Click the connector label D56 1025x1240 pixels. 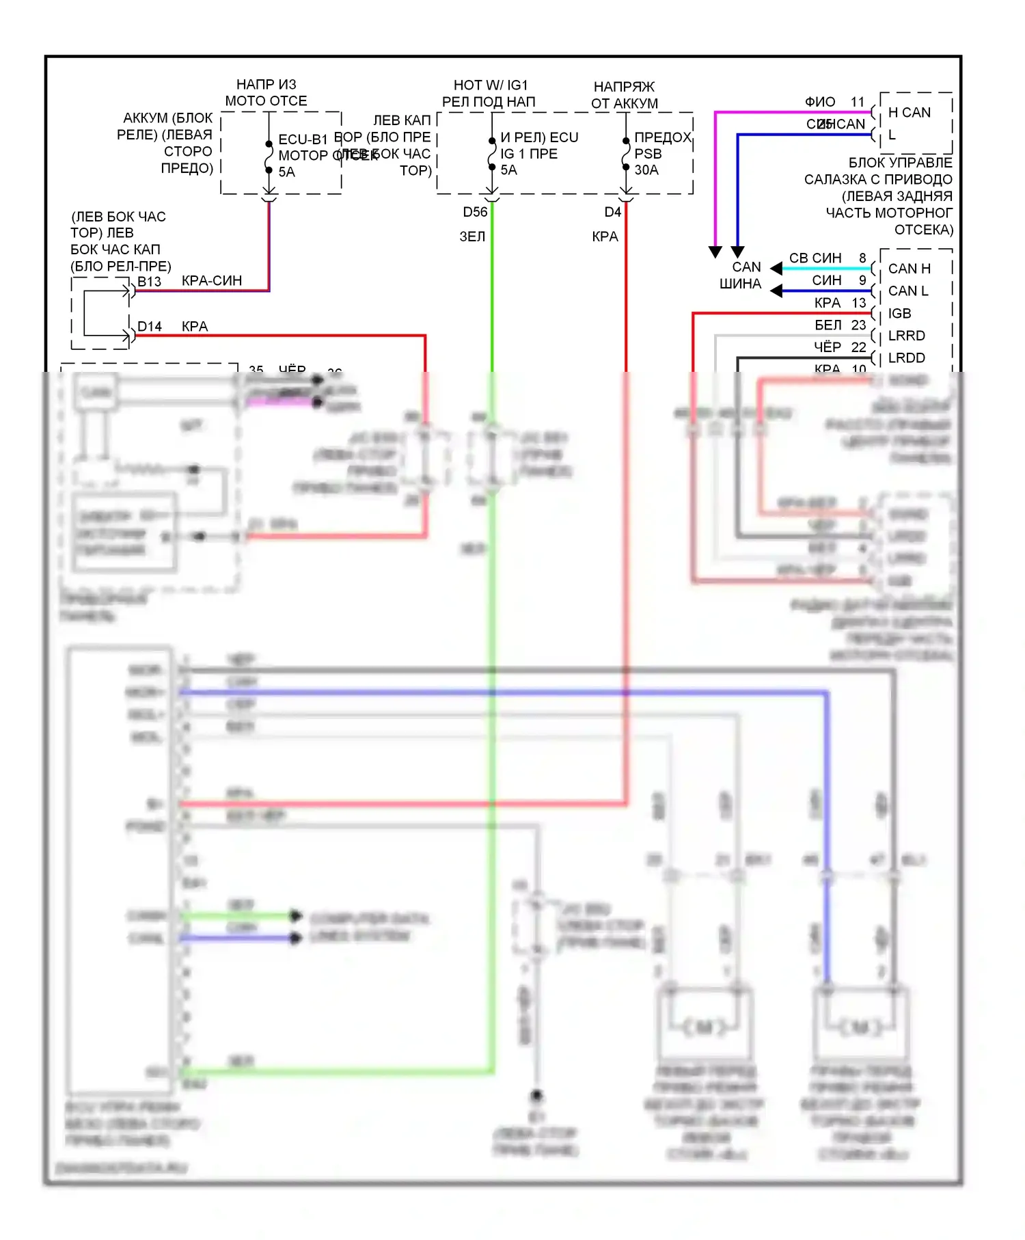click(x=475, y=212)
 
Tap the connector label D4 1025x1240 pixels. click(x=612, y=212)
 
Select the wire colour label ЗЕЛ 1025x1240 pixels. click(x=472, y=237)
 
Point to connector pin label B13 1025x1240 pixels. click(x=150, y=282)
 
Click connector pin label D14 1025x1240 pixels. click(x=150, y=327)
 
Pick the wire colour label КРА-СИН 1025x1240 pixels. click(x=212, y=281)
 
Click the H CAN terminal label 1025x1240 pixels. click(x=909, y=113)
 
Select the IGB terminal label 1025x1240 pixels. click(x=899, y=314)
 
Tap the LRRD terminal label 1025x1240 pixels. click(x=906, y=336)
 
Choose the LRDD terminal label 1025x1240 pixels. click(x=906, y=358)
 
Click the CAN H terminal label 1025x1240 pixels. click(x=909, y=269)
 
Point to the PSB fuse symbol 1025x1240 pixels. click(x=626, y=154)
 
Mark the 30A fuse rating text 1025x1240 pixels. click(x=646, y=170)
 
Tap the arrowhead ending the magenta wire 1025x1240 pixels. click(x=715, y=252)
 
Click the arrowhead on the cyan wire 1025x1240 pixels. click(x=776, y=268)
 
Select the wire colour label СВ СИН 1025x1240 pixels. click(x=815, y=258)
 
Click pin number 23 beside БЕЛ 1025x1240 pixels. click(x=858, y=325)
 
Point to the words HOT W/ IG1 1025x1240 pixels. click(x=491, y=85)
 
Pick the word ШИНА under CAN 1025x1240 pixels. click(x=740, y=284)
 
